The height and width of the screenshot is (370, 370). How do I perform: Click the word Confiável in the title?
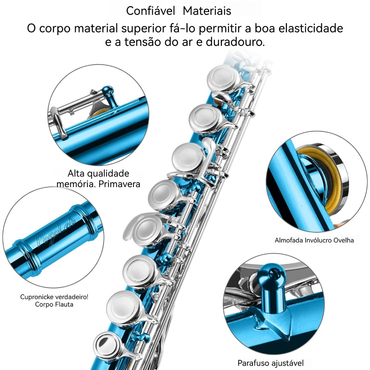click(150, 11)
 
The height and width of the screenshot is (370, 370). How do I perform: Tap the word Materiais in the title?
click(207, 11)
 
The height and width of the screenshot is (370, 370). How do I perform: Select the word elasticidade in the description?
click(310, 28)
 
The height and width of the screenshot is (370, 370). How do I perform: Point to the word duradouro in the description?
click(235, 42)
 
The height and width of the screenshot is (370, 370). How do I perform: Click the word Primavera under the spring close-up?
click(119, 184)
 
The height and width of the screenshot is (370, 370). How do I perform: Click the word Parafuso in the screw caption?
click(253, 363)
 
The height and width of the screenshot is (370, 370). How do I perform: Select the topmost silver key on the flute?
click(223, 78)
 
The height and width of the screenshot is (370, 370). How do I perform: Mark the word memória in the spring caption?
click(76, 184)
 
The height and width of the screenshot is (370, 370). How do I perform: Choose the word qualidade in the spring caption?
click(109, 174)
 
